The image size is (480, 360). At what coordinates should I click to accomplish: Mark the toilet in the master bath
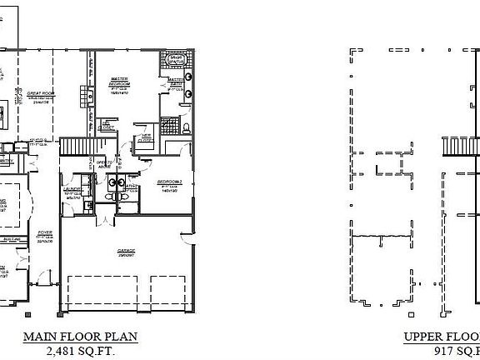(187, 129)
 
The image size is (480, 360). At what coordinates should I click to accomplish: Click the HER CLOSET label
(146, 136)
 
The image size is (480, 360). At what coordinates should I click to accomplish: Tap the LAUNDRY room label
(72, 191)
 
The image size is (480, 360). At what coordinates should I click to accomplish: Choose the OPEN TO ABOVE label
(104, 163)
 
